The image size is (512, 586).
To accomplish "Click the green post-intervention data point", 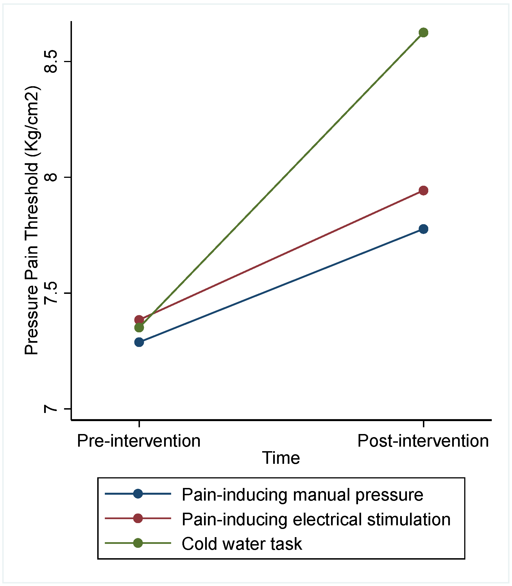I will [423, 33].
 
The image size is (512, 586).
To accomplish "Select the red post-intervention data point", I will [423, 190].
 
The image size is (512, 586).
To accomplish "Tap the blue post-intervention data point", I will [423, 229].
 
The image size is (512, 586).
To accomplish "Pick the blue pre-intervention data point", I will [139, 342].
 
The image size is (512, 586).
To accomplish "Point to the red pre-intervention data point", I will [139, 320].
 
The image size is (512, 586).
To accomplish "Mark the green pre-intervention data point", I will [139, 328].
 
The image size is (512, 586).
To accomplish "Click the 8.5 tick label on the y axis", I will [51, 62].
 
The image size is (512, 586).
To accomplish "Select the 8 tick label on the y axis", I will [51, 177].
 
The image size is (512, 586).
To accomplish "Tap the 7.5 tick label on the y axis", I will [51, 293].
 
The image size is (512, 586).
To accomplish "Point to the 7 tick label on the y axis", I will [51, 409].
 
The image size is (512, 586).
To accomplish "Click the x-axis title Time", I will [281, 458].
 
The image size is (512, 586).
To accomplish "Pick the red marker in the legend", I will [138, 518].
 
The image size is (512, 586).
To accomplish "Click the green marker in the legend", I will [138, 543].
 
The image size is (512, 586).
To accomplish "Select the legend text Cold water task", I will [242, 544].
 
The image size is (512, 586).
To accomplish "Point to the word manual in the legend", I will [322, 495].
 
